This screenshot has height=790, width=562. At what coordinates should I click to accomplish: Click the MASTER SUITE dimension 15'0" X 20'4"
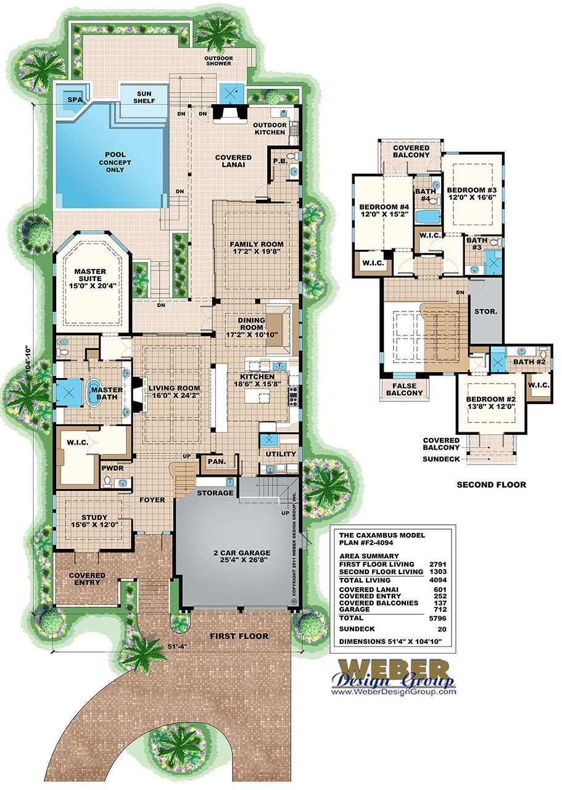click(x=90, y=286)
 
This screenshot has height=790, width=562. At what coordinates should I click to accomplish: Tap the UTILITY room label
click(x=281, y=454)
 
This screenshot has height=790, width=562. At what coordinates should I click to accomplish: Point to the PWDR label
click(x=110, y=467)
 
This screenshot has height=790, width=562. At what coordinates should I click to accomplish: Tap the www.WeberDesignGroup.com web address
click(x=394, y=692)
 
